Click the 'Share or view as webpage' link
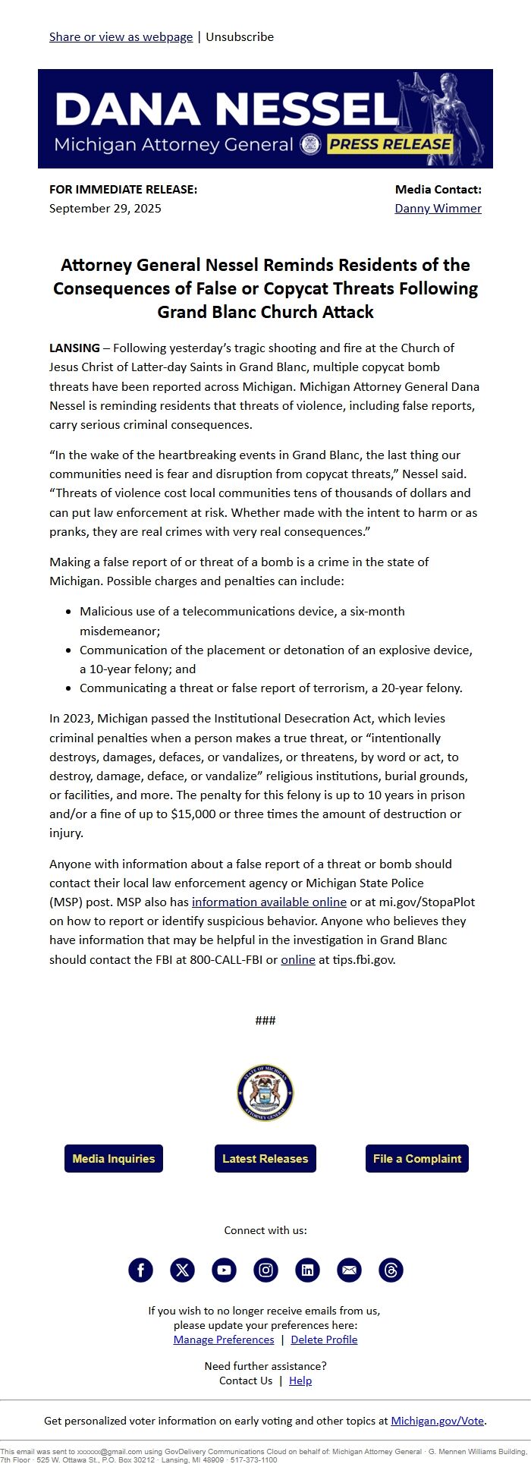point(121,36)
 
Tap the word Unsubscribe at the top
point(240,36)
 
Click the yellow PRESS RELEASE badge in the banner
point(390,144)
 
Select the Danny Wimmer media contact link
point(438,208)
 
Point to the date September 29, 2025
point(105,208)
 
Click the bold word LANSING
point(74,348)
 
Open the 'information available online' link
point(269,902)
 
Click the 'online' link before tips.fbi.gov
point(297,959)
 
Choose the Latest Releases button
point(265,1158)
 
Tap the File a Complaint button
point(417,1158)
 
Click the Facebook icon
point(140,1270)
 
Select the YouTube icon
point(224,1270)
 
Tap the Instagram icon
point(265,1270)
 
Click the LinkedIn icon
point(307,1270)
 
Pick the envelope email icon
point(349,1270)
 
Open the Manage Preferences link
point(224,1340)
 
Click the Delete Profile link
point(324,1340)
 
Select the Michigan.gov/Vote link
point(437,1421)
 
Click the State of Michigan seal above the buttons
point(265,1093)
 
